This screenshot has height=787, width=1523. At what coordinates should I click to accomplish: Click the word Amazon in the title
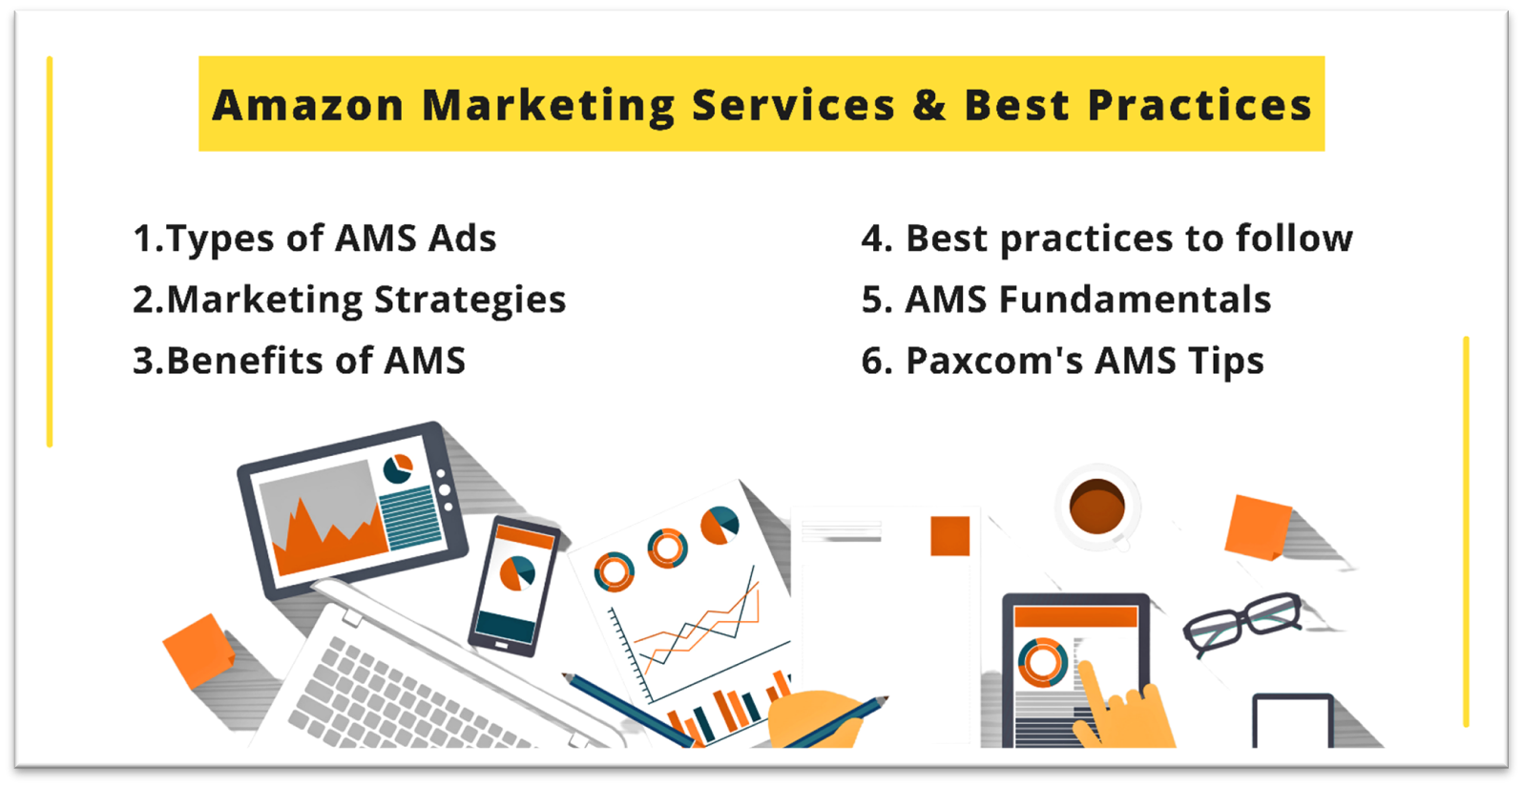[308, 105]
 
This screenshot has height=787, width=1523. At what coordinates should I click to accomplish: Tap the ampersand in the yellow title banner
[928, 105]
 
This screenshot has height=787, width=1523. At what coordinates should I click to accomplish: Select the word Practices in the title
[1200, 105]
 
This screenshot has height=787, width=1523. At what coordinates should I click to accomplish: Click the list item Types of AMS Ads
[315, 238]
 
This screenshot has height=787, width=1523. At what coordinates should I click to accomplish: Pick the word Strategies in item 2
[469, 300]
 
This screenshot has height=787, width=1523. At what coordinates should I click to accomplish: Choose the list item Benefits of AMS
[300, 361]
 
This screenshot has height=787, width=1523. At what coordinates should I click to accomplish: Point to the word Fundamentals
[1135, 300]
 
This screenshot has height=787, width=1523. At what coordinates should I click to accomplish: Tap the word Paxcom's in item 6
[994, 361]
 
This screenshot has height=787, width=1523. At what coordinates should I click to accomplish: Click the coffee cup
[1096, 507]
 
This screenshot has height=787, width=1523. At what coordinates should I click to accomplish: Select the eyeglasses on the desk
[1241, 622]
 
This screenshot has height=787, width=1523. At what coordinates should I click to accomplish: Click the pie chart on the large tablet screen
[398, 468]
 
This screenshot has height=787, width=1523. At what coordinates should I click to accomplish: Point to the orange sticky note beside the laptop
[198, 652]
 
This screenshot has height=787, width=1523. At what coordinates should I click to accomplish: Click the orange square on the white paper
[949, 536]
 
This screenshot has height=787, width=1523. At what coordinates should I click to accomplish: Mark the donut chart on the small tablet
[1042, 662]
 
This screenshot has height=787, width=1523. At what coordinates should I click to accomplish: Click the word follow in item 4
[1294, 238]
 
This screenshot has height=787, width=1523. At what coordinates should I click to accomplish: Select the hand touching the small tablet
[1122, 710]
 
